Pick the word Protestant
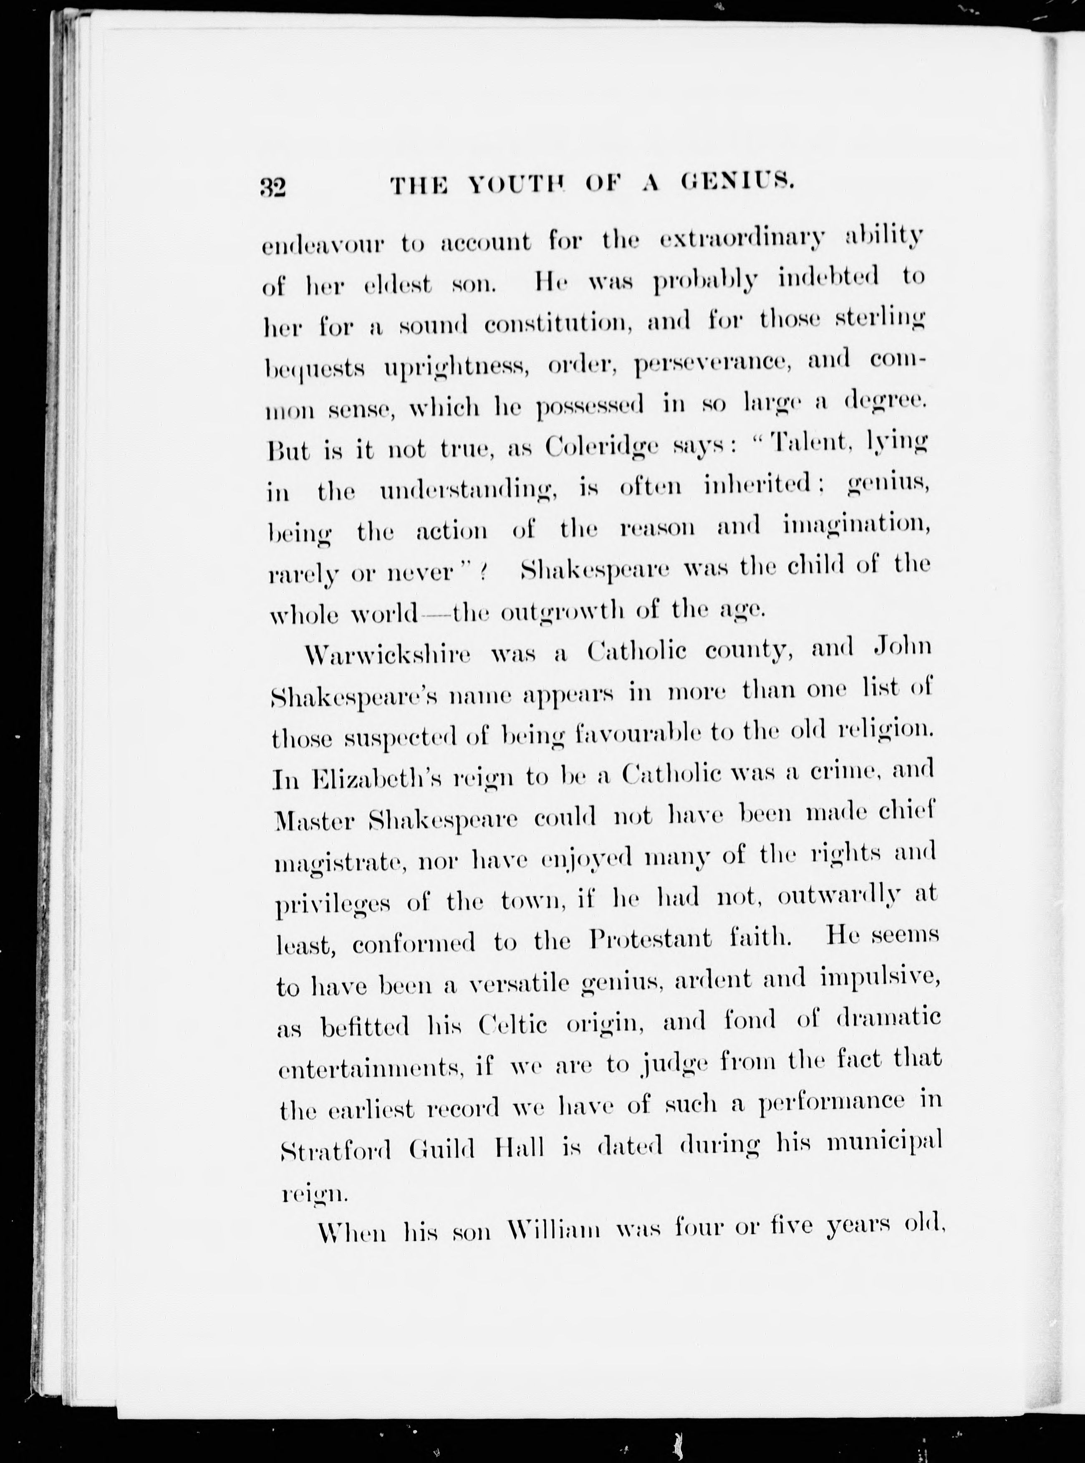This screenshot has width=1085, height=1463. tap(650, 939)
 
